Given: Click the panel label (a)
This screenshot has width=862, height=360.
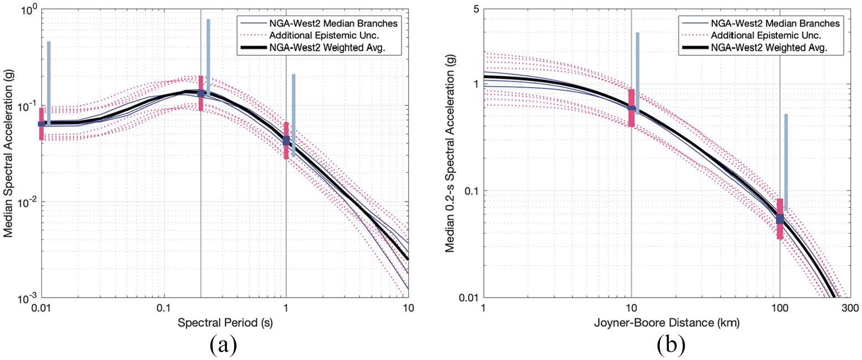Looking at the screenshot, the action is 223,345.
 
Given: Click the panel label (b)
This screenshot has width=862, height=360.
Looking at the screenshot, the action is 671,345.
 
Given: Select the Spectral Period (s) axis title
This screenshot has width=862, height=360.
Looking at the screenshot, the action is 225,322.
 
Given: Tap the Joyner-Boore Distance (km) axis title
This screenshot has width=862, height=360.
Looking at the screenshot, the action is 667,322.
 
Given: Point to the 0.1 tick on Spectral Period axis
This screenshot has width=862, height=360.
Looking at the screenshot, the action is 164,308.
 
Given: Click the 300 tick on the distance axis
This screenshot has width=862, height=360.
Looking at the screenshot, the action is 850,308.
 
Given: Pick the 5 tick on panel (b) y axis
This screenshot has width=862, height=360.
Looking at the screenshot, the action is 476,8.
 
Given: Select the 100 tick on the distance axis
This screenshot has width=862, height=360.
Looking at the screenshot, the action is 780,308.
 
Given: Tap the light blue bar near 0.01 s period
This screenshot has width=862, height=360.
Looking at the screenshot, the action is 49,83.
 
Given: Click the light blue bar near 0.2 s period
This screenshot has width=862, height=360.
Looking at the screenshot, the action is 208,57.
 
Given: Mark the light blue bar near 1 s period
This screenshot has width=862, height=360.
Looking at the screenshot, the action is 294,115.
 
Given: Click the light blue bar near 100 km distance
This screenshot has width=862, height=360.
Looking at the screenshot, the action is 786,162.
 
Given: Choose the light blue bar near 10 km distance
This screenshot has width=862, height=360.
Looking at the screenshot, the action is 638,73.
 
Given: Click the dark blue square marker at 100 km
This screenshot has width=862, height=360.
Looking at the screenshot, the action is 780,219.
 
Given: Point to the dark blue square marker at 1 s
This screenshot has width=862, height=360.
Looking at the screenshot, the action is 286,140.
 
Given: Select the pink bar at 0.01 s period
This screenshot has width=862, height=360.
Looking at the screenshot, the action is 41,124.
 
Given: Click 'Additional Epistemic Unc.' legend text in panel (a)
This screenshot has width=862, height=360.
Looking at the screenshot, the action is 324,35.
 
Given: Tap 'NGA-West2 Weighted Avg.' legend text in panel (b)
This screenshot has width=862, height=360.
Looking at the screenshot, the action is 769,47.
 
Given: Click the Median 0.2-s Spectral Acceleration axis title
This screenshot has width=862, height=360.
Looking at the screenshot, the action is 450,153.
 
